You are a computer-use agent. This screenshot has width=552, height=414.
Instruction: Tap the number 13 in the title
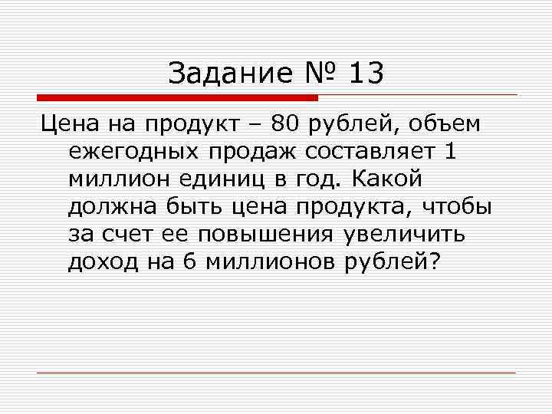click(366, 74)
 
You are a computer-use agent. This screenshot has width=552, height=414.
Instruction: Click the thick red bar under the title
click(177, 98)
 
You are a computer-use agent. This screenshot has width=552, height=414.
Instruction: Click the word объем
click(452, 124)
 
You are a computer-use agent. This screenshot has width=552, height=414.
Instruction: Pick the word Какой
click(388, 179)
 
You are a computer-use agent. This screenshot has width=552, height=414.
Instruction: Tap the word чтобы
click(458, 207)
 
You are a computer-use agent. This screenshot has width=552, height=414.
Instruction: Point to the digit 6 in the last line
click(190, 261)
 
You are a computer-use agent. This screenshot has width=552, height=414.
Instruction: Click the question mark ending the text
click(435, 261)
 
